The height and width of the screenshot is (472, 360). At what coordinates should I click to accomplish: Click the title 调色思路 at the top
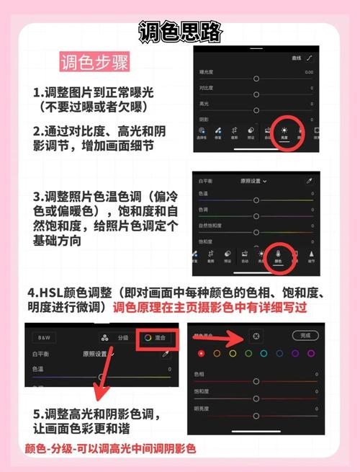180,32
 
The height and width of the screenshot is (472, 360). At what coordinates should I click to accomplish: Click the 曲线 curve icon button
310,58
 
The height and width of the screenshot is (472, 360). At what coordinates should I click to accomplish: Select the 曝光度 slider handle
256,77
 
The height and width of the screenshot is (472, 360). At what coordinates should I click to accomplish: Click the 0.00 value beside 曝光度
309,72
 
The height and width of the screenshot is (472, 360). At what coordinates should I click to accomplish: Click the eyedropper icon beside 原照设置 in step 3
310,181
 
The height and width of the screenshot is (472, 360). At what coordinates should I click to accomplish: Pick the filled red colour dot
201,353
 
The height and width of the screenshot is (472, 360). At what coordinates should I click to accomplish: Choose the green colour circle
248,353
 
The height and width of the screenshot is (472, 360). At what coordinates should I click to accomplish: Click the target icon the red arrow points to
256,336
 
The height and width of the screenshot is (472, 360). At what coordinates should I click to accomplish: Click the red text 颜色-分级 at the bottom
54,449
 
